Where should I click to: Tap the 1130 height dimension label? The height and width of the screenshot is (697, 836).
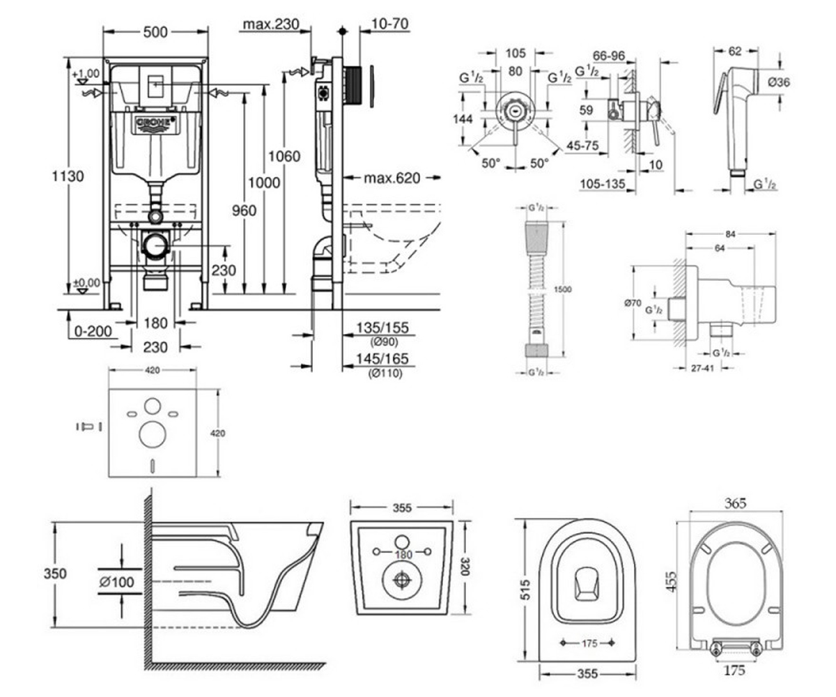coord(68,176)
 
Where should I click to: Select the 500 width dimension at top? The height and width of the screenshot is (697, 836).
coord(155,32)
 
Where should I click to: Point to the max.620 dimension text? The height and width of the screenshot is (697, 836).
coord(392,178)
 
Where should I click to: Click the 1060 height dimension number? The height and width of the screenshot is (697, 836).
coord(284,156)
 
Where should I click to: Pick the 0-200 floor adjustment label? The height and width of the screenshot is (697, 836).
coord(93,331)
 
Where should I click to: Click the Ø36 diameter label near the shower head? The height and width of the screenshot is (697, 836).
coord(779,82)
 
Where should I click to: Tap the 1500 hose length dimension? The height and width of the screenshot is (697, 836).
coord(562,289)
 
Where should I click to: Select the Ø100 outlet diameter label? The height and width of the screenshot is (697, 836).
coord(117,581)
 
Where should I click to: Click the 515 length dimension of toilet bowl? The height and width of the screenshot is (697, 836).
coord(526,589)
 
